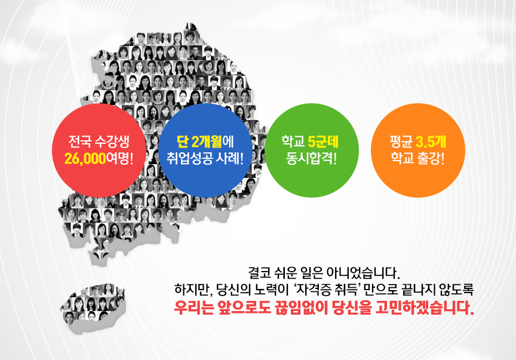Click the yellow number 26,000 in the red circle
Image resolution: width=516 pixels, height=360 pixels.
coord(85,159)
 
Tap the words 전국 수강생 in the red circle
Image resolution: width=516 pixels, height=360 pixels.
coord(99,142)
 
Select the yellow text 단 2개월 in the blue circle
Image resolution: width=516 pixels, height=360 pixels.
coord(199,142)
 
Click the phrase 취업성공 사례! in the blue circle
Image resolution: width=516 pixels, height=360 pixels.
coord(205,159)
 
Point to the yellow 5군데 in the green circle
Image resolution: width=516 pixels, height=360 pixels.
coord(323,142)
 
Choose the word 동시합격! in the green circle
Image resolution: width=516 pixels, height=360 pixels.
coord(311,159)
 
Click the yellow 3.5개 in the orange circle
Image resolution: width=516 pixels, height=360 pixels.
coord(431,142)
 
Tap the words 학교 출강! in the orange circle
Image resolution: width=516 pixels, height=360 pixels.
coord(418,159)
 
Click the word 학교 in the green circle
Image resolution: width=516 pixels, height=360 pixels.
coord(293,142)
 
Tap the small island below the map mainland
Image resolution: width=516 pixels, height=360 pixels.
coord(93,309)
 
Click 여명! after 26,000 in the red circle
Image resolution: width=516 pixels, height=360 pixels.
coord(120,159)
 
